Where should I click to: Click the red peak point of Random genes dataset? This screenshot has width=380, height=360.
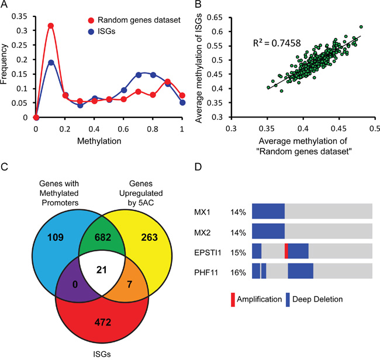pos(51,26)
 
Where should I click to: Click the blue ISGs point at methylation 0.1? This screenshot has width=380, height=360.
pos(51,63)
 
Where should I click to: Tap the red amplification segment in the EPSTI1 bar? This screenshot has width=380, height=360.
pos(286,251)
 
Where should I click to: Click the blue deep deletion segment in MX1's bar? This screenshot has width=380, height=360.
pos(268,211)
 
